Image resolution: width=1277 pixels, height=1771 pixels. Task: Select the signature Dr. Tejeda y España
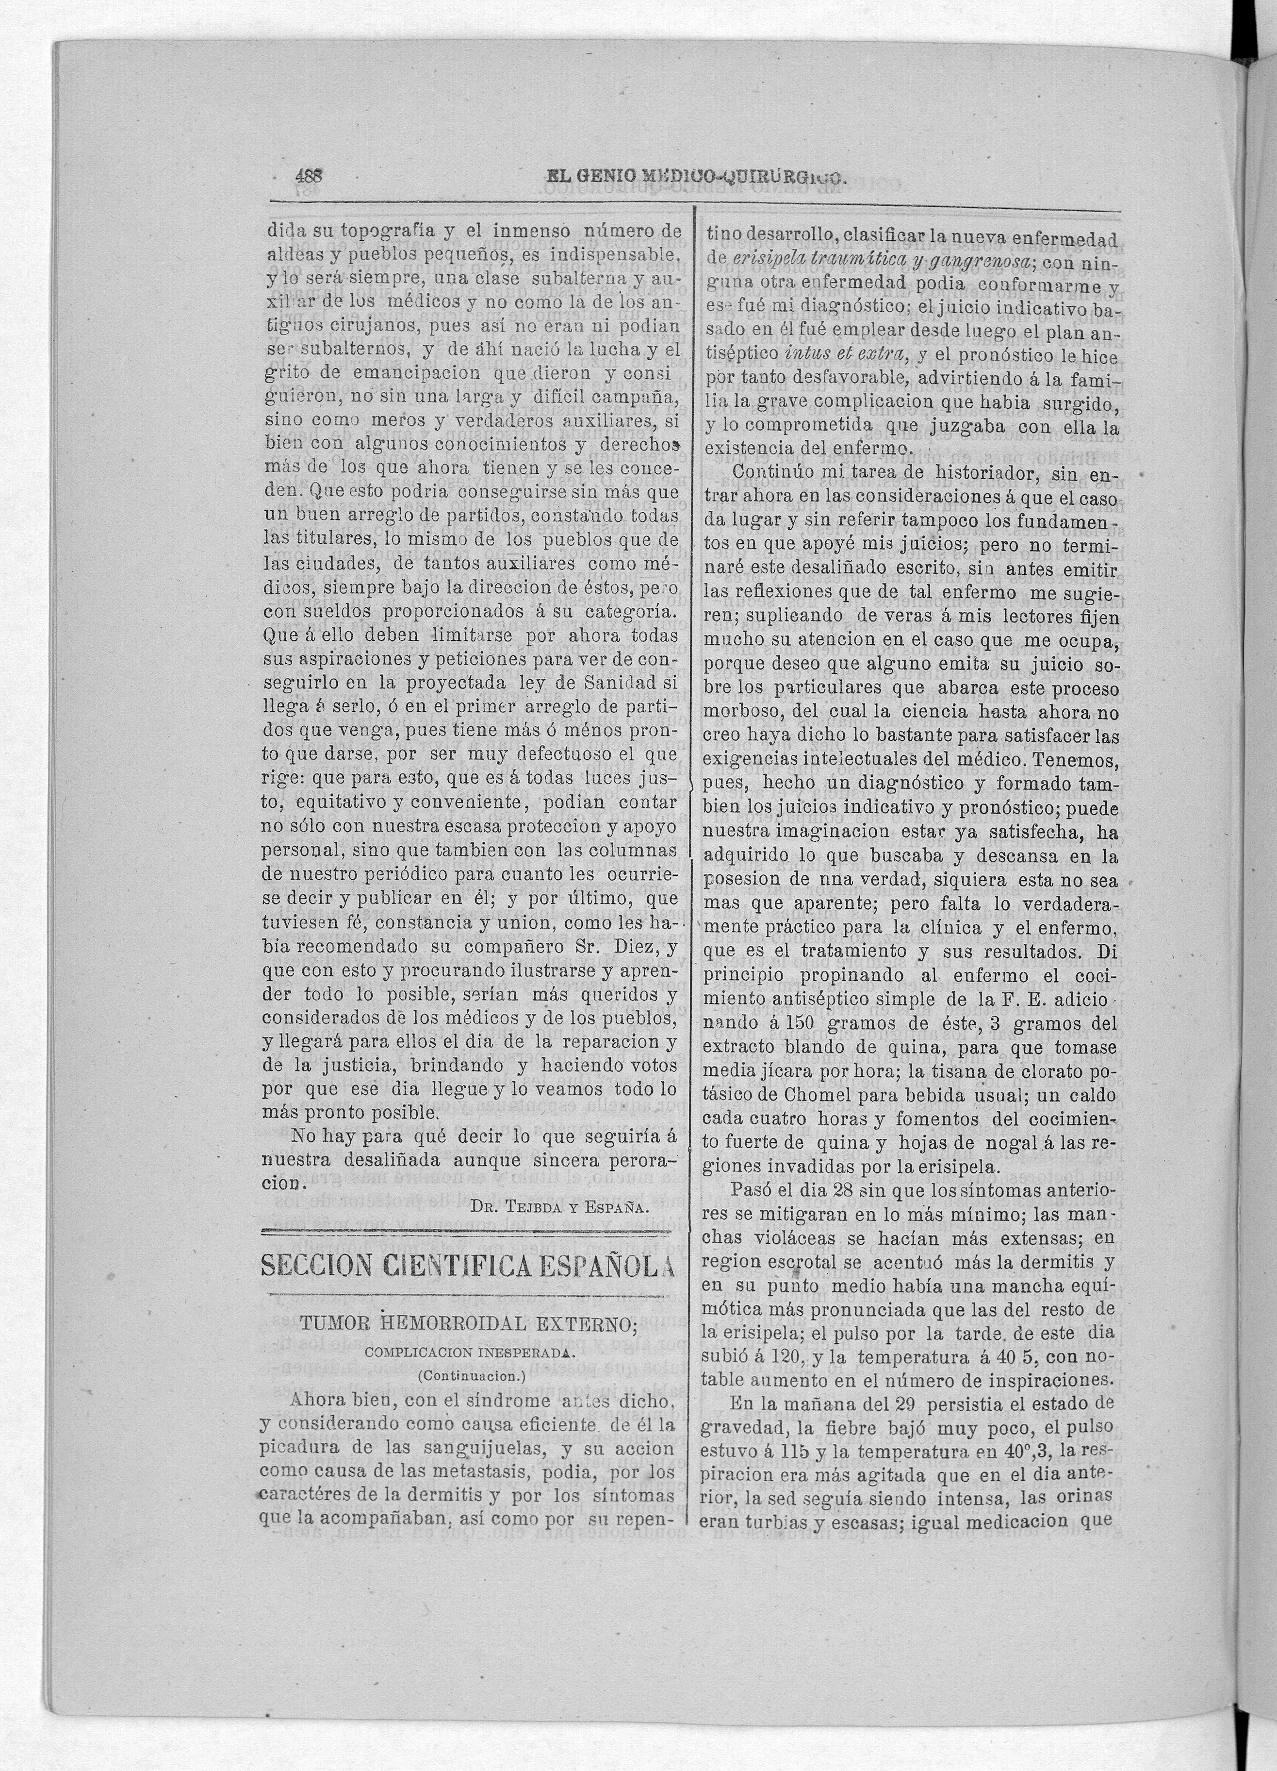[560, 1206]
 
